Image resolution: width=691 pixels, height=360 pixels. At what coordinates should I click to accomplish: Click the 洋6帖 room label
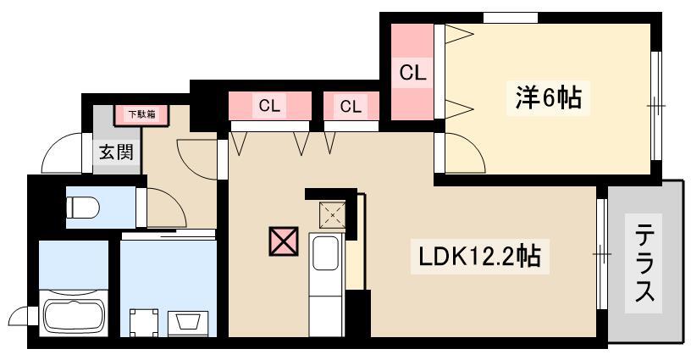coord(548,97)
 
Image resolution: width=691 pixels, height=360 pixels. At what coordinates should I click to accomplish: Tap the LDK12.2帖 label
coord(479,257)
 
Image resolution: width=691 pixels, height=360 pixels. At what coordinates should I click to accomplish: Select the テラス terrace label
coord(644,263)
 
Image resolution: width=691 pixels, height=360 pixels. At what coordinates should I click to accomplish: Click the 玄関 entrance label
coord(116,152)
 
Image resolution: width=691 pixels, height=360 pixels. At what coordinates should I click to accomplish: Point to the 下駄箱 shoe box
coord(142,115)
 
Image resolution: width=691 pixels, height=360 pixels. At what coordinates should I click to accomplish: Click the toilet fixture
coord(83,207)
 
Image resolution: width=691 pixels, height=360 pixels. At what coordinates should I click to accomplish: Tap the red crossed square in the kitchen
coord(284,241)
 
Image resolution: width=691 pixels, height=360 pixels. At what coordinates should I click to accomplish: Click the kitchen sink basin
coord(327,253)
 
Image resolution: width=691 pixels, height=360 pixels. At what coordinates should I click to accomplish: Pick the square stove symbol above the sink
coord(332,215)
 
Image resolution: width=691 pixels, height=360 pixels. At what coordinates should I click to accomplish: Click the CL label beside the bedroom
coord(413,72)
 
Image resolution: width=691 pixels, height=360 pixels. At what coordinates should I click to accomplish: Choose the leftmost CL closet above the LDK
coord(269,106)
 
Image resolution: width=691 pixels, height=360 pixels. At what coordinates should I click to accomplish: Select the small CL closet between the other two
coord(351,106)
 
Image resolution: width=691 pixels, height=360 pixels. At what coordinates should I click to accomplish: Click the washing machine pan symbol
coord(144,322)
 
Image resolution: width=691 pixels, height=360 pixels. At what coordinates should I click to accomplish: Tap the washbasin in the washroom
coord(188,322)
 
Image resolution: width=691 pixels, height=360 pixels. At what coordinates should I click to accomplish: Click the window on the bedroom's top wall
coord(511,18)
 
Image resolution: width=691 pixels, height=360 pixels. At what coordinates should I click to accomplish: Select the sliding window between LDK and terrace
coord(602,254)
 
